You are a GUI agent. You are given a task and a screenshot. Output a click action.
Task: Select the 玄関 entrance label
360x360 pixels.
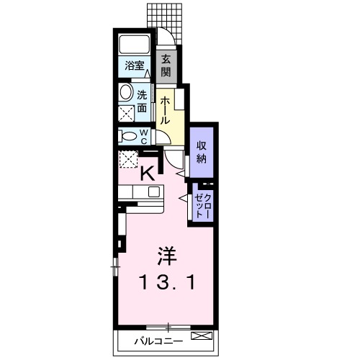(x=166, y=65)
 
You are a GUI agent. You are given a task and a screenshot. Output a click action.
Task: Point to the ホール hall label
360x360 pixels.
(x=165, y=109)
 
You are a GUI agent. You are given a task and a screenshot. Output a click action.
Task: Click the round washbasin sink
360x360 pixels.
(x=126, y=92)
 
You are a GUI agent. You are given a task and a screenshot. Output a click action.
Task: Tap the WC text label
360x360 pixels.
(x=144, y=135)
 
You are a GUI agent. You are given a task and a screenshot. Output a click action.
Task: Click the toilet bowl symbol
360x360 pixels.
(x=127, y=135)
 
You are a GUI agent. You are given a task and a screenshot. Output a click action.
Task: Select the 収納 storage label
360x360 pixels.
(x=202, y=153)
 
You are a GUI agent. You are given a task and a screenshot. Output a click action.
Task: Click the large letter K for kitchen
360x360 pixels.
(x=147, y=174)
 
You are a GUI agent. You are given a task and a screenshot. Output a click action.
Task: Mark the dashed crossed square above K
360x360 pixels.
(x=130, y=159)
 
